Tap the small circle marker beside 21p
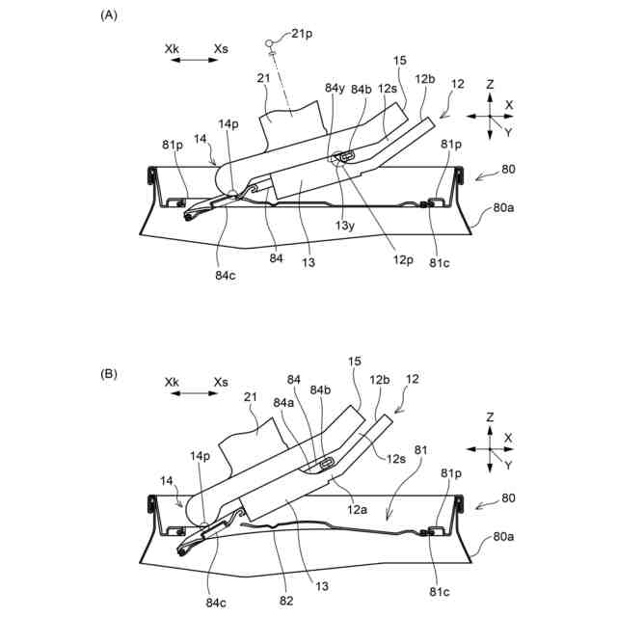[272, 42]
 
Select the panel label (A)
[109, 16]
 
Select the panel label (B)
[109, 374]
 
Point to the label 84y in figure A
[335, 89]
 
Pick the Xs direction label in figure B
[222, 382]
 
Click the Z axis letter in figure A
[490, 85]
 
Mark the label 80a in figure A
[504, 206]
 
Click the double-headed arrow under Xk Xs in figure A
[196, 60]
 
